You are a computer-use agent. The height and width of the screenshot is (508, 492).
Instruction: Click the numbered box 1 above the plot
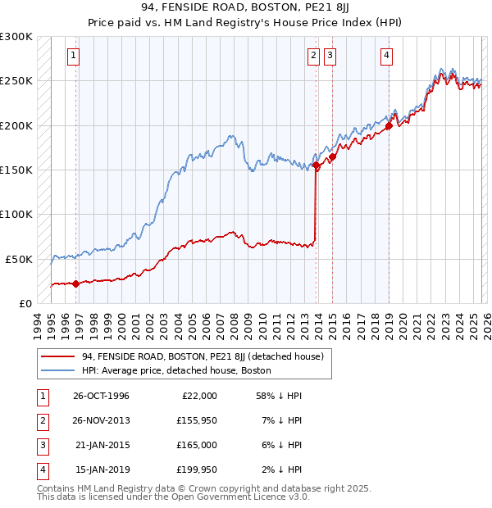click(x=74, y=56)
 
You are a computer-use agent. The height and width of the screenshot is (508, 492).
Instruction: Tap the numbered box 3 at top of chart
click(x=330, y=56)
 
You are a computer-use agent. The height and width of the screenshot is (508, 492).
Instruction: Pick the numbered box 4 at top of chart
click(x=386, y=56)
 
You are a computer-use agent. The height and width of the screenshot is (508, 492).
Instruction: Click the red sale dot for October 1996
click(x=76, y=283)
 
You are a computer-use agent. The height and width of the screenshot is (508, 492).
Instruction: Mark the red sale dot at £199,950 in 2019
click(x=389, y=126)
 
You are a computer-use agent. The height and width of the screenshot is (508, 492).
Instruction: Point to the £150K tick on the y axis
click(x=16, y=170)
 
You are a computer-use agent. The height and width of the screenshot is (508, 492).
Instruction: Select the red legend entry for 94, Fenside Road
click(x=203, y=356)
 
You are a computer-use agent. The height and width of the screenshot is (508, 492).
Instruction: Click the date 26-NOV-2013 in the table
click(x=101, y=420)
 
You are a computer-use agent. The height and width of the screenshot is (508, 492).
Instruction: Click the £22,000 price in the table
click(x=199, y=395)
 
